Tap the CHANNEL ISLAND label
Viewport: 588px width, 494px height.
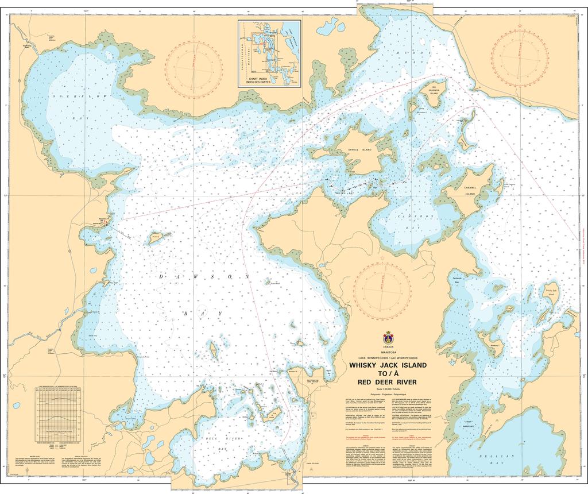tap(470, 190)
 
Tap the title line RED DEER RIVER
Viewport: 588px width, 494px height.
tap(388, 382)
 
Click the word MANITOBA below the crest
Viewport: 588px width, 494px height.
tap(388, 352)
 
